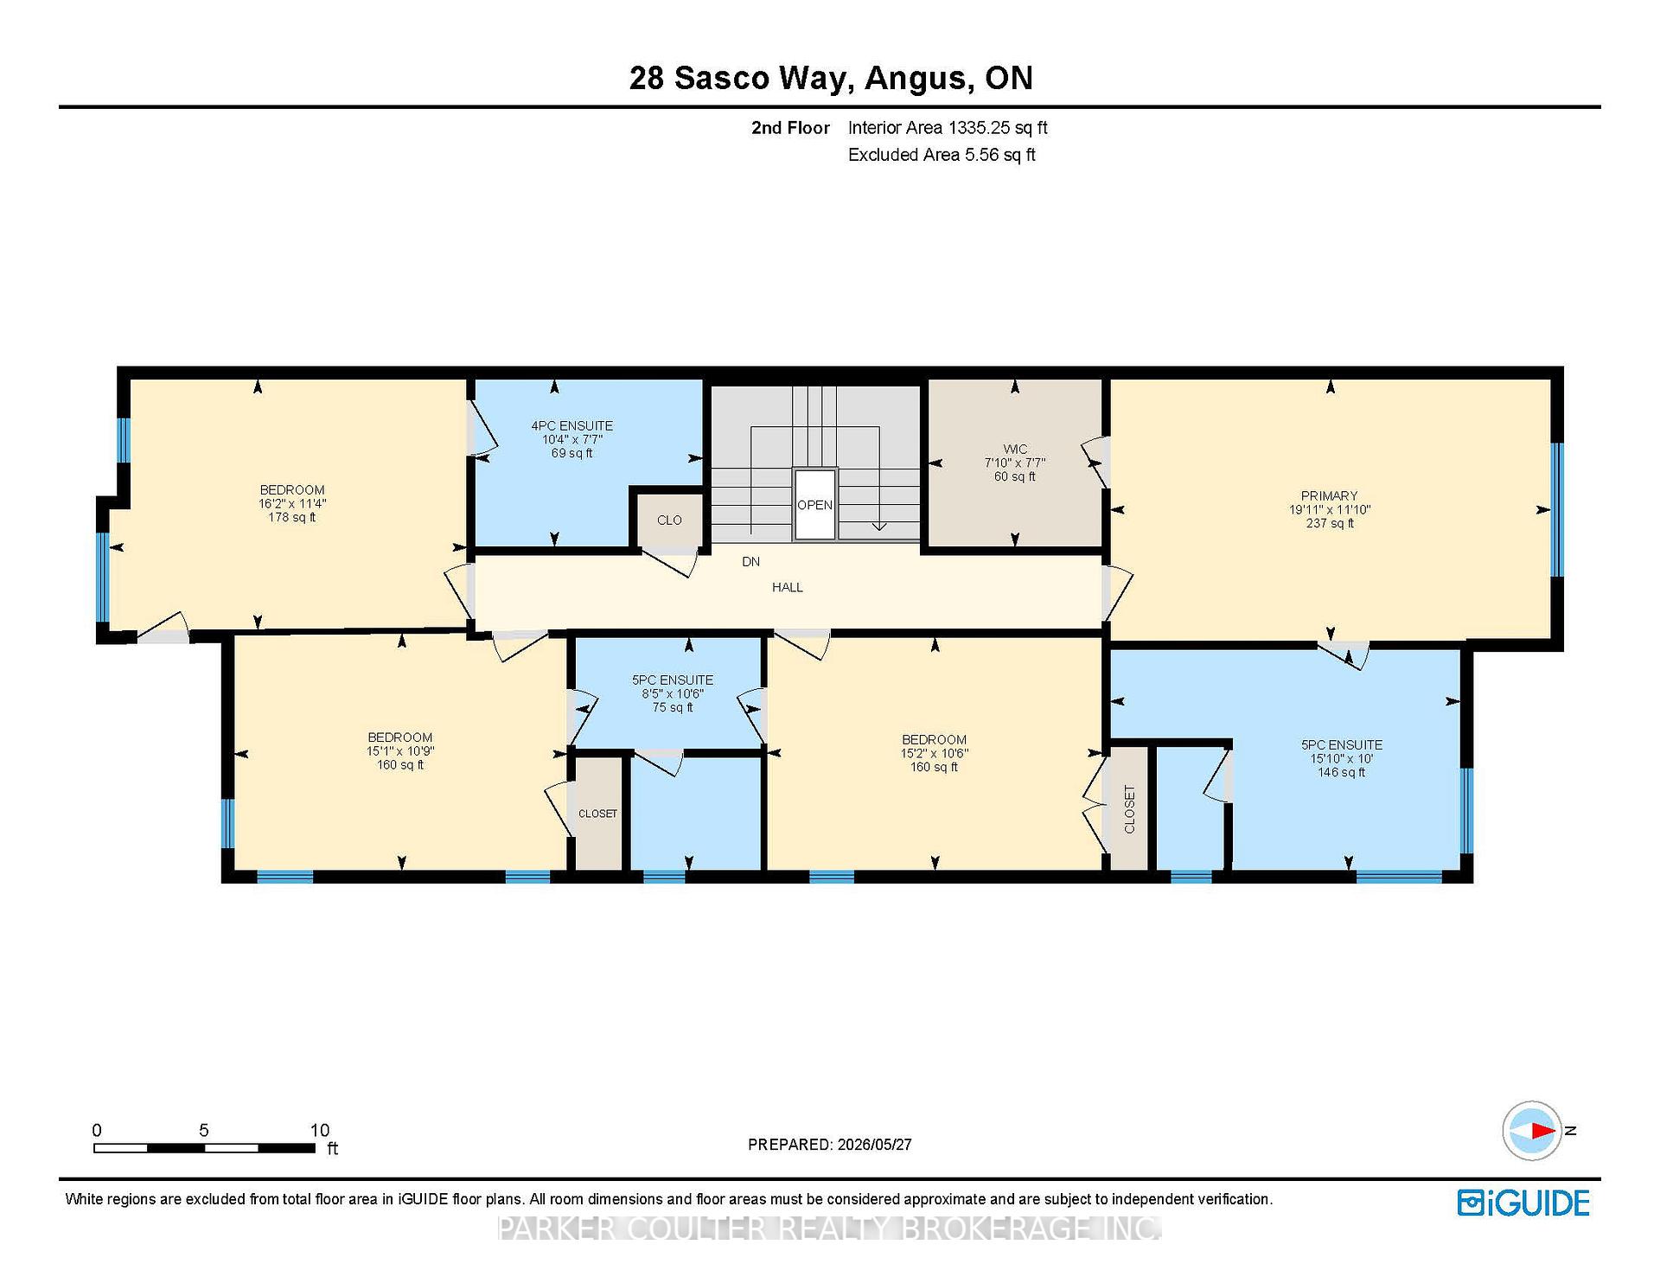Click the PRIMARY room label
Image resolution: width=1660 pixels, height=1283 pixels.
[x=1330, y=496]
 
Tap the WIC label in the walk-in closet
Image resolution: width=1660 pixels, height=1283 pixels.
[x=1015, y=450]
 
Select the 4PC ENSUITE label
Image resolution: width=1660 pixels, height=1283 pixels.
[x=571, y=426]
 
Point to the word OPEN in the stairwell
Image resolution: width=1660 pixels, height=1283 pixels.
[x=814, y=505]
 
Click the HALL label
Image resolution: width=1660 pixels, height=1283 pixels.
[x=788, y=587]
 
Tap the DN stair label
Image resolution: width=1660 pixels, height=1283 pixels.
[x=750, y=562]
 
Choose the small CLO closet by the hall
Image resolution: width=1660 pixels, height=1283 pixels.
[x=669, y=520]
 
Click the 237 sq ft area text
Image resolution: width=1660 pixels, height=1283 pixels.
[x=1330, y=523]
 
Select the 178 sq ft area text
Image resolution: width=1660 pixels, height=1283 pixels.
[x=291, y=517]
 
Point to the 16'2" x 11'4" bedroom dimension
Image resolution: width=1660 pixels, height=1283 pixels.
[x=291, y=503]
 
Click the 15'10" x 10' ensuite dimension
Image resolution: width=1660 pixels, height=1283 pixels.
[x=1342, y=758]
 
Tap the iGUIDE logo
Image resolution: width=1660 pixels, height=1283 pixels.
[x=1523, y=1203]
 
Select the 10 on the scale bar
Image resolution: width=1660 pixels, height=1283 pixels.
[x=320, y=1130]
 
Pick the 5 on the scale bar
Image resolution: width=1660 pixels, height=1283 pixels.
[x=204, y=1130]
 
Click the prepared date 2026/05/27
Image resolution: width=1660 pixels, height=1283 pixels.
[x=874, y=1145]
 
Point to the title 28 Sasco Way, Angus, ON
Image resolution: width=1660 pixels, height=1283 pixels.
[x=831, y=78]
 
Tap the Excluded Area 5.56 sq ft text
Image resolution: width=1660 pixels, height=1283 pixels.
[x=942, y=155]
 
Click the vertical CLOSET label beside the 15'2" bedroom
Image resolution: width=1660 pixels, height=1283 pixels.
[x=1129, y=809]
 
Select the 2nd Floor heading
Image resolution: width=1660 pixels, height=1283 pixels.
[x=790, y=128]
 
